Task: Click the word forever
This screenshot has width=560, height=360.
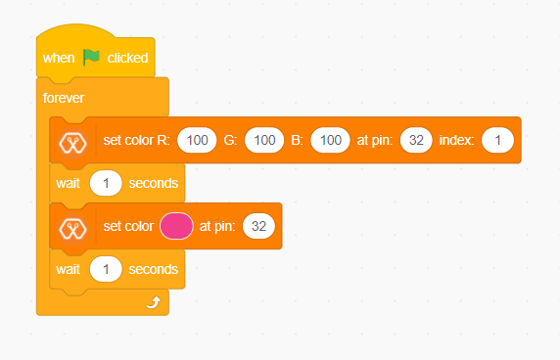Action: (x=64, y=98)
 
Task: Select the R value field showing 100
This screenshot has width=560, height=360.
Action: (x=197, y=141)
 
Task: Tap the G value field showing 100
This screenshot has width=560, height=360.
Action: (x=263, y=141)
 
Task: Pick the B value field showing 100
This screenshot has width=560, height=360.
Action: (x=330, y=141)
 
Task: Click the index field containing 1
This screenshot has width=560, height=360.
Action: (x=497, y=141)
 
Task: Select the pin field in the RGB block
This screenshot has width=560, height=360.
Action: (x=415, y=141)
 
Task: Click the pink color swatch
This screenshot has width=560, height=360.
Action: (x=177, y=226)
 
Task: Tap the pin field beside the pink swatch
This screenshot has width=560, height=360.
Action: (x=258, y=226)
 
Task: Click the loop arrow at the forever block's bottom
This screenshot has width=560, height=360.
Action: (x=152, y=303)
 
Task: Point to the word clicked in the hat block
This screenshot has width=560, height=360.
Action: (x=127, y=58)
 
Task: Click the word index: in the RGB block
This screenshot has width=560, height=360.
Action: (x=457, y=141)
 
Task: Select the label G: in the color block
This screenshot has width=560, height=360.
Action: (x=231, y=141)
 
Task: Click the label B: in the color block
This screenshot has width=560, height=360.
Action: (x=297, y=141)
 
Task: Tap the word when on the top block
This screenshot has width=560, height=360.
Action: (x=59, y=58)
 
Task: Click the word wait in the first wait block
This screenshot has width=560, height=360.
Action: (x=68, y=183)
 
